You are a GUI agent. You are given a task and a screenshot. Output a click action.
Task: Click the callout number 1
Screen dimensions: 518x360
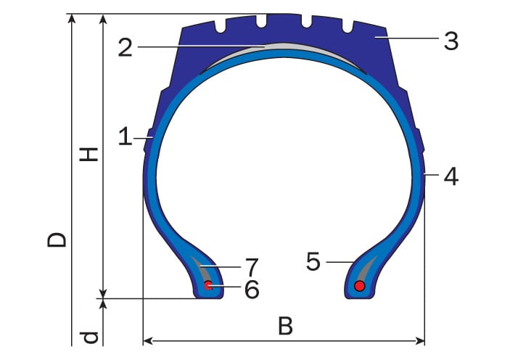click(126, 137)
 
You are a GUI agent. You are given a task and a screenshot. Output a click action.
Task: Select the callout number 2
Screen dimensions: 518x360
click(126, 48)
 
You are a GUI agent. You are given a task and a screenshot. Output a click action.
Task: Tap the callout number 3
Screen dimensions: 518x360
click(451, 41)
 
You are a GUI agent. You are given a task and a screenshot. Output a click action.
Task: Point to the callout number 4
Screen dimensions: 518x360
click(451, 176)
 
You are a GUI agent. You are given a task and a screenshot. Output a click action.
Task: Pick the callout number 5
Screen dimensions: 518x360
click(313, 262)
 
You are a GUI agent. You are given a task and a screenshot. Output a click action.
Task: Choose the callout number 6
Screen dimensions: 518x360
click(252, 290)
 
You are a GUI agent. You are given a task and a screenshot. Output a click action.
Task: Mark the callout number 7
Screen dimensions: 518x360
click(252, 267)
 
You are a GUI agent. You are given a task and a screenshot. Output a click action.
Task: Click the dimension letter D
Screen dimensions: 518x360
click(57, 240)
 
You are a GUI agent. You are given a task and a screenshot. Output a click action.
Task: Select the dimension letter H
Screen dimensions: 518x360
click(89, 155)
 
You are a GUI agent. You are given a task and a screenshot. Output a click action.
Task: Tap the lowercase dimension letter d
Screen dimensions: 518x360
click(89, 337)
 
